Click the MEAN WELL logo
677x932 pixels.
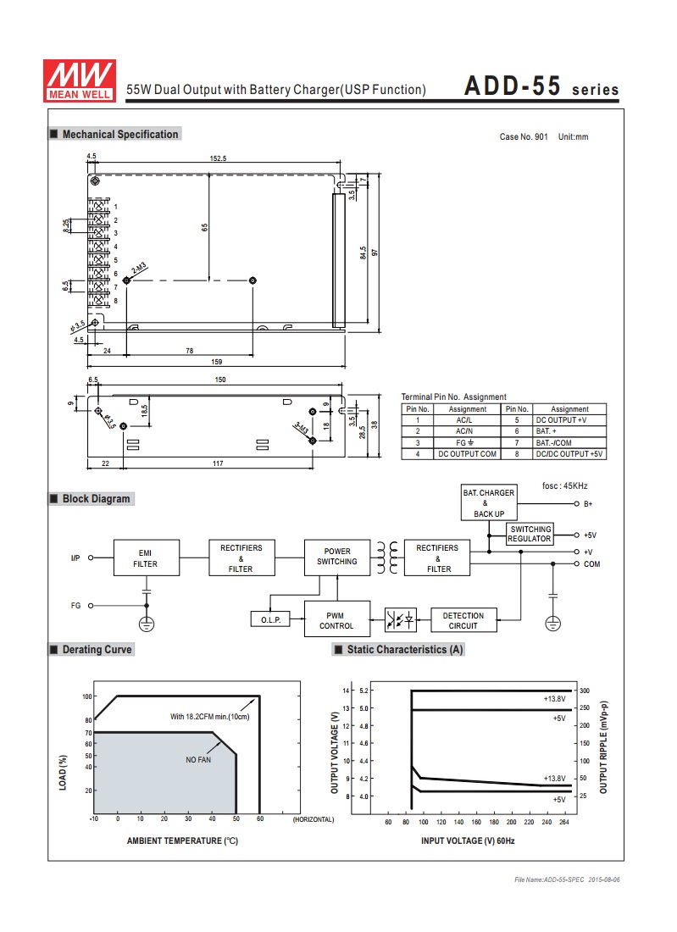80,80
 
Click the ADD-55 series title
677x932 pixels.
541,86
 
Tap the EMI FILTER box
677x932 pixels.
147,558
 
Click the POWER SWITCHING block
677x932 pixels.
337,557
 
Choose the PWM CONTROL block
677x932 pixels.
337,619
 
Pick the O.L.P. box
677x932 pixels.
270,619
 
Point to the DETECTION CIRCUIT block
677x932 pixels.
463,620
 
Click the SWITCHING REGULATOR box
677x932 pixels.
530,534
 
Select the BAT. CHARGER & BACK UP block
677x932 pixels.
489,502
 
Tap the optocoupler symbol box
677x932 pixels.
401,620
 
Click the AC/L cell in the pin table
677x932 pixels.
464,420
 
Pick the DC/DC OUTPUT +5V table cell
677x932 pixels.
569,454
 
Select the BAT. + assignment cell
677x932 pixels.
569,431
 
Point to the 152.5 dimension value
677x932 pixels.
218,158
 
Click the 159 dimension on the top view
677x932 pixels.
217,362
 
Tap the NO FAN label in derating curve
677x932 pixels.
198,760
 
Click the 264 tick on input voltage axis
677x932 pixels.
564,822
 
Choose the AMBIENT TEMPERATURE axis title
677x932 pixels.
182,840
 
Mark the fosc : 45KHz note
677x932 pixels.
564,486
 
